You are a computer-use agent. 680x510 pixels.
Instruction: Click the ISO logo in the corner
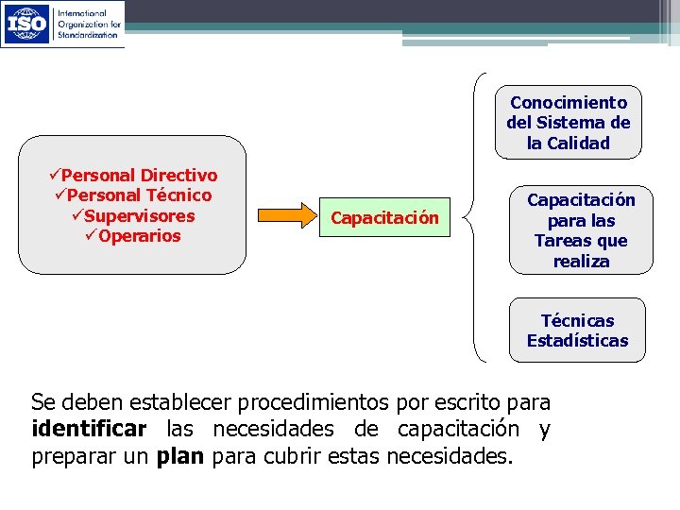pyautogui.click(x=62, y=24)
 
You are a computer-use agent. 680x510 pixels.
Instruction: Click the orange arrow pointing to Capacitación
pyautogui.click(x=287, y=216)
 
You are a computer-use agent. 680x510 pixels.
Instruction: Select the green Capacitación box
pyautogui.click(x=384, y=218)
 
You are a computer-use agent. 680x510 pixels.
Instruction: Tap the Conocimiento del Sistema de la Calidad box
pyautogui.click(x=568, y=123)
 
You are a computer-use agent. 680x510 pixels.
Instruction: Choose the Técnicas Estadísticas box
pyautogui.click(x=577, y=331)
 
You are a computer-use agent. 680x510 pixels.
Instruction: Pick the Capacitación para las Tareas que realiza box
pyautogui.click(x=581, y=230)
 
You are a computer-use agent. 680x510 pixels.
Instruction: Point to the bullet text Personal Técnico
pyautogui.click(x=139, y=195)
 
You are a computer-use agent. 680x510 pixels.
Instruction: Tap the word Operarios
pyautogui.click(x=139, y=236)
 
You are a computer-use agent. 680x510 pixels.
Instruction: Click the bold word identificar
pyautogui.click(x=89, y=430)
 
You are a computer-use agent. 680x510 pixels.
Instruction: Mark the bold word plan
pyautogui.click(x=180, y=457)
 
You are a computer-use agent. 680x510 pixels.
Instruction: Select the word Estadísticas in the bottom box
pyautogui.click(x=577, y=341)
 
